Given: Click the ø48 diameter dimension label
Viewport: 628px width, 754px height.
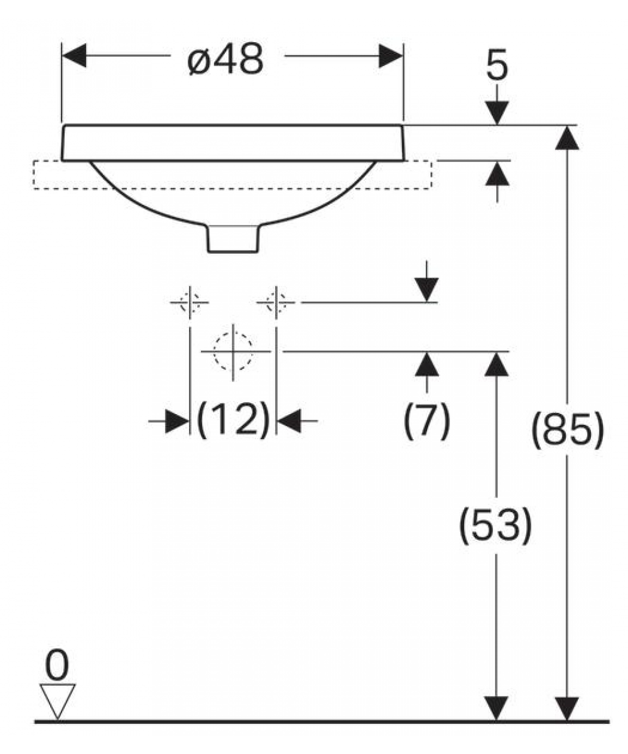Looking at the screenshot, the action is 225,60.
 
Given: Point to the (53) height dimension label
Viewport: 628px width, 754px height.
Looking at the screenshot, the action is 495,525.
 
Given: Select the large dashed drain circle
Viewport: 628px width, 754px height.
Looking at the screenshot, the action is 233,351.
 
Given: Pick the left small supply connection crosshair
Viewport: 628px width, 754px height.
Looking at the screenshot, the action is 190,302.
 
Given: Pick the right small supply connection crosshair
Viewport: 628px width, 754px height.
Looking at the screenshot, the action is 276,302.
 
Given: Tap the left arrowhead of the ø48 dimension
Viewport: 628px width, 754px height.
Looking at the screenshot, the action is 74,56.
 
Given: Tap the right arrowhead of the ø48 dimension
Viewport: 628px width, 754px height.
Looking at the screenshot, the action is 391,56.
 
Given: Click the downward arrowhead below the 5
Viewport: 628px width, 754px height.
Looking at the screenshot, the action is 497,113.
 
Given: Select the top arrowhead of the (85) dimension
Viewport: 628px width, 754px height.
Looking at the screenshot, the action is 567,138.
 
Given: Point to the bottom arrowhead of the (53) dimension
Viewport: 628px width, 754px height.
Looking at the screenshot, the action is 496,709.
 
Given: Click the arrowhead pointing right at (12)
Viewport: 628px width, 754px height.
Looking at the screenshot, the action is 177,421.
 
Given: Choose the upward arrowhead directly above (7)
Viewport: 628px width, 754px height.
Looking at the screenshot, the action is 427,364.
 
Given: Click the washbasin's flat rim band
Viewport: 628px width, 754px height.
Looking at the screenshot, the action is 233,143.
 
